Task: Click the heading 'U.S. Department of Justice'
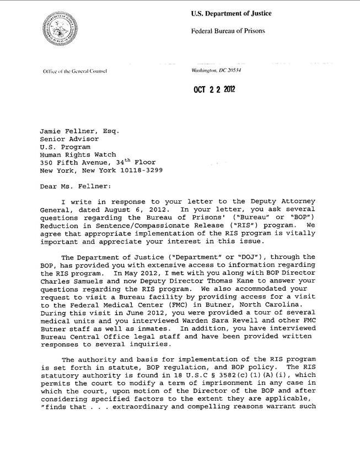231,13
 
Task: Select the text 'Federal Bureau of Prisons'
228,31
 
